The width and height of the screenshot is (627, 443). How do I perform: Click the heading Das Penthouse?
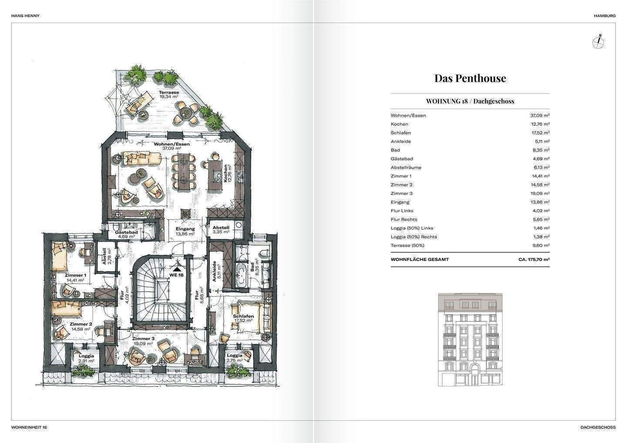pyautogui.click(x=470, y=78)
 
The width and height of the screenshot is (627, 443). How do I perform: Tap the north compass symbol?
pyautogui.click(x=598, y=43)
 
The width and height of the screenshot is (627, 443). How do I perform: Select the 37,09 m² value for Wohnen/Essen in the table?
pyautogui.click(x=540, y=115)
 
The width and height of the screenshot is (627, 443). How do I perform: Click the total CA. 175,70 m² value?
pyautogui.click(x=534, y=259)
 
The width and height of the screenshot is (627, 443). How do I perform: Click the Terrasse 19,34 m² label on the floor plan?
pyautogui.click(x=169, y=94)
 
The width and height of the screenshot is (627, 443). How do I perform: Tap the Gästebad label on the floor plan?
pyautogui.click(x=126, y=232)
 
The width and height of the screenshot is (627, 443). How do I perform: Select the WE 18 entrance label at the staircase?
pyautogui.click(x=176, y=275)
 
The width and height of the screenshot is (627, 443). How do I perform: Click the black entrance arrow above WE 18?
pyautogui.click(x=177, y=269)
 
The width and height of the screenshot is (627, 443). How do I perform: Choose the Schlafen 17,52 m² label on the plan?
pyautogui.click(x=243, y=318)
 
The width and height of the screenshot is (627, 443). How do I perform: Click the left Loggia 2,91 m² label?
pyautogui.click(x=86, y=358)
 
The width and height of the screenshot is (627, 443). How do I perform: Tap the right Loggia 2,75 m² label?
pyautogui.click(x=235, y=358)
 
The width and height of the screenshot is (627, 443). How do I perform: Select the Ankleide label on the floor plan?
pyautogui.click(x=214, y=272)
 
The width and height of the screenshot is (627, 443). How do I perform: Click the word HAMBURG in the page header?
pyautogui.click(x=605, y=16)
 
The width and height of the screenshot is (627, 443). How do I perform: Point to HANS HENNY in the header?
pyautogui.click(x=25, y=16)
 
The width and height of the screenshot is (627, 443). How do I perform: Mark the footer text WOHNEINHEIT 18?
pyautogui.click(x=29, y=427)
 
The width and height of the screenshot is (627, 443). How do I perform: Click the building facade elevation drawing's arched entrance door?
pyautogui.click(x=473, y=378)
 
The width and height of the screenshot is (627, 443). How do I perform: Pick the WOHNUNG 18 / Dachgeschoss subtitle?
pyautogui.click(x=470, y=101)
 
